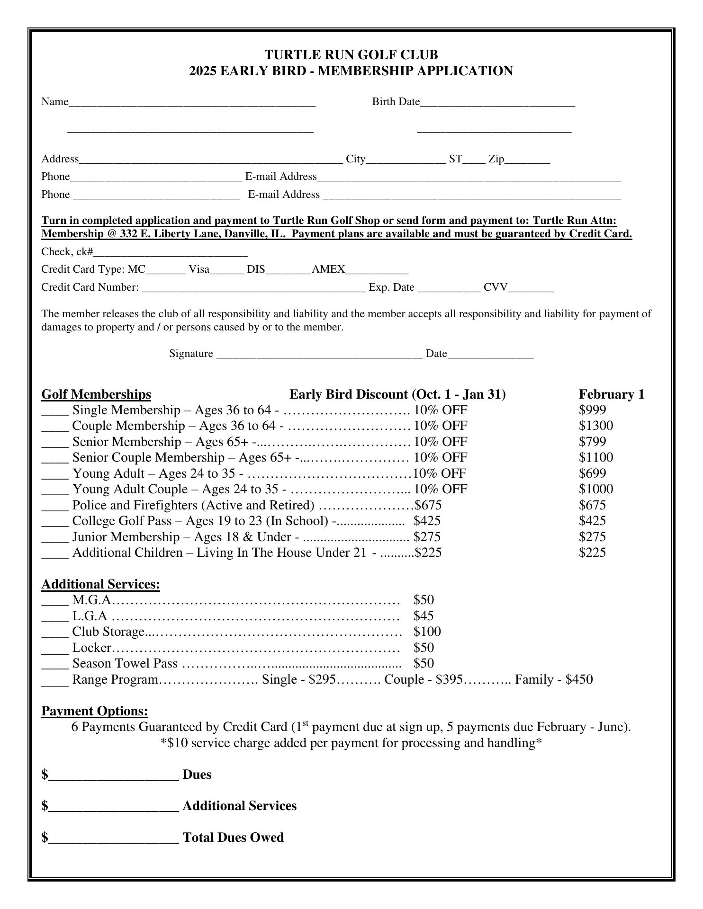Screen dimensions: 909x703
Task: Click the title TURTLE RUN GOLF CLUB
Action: click(351, 55)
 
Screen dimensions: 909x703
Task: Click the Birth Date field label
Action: click(396, 102)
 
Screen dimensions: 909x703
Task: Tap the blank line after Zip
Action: click(527, 160)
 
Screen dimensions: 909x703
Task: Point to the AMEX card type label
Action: click(328, 269)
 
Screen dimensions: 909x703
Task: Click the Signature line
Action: click(319, 355)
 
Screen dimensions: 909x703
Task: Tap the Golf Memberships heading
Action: click(96, 394)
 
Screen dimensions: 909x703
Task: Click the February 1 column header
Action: click(611, 394)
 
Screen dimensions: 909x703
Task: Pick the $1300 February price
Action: click(595, 426)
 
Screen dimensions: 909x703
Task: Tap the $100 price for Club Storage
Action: click(427, 632)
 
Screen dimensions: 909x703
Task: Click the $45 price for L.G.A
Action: click(423, 616)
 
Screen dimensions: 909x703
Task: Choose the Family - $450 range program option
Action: click(553, 680)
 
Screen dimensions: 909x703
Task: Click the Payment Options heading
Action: click(95, 711)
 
